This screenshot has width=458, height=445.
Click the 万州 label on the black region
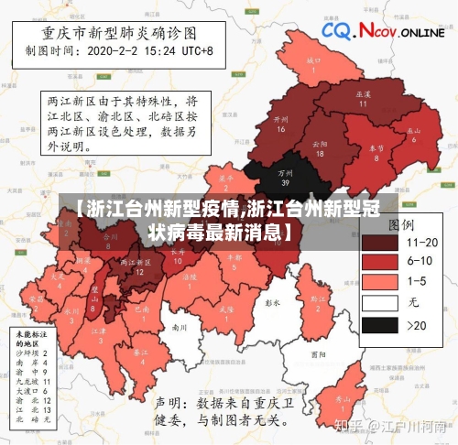(x=286, y=171)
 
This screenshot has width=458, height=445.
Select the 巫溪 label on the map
(x=363, y=94)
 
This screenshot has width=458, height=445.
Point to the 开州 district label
(x=281, y=119)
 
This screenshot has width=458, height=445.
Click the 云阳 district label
(x=320, y=144)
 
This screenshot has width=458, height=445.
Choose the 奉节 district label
(x=376, y=147)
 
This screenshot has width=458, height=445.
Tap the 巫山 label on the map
(x=414, y=131)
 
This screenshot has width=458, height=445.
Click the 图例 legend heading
(x=403, y=222)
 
